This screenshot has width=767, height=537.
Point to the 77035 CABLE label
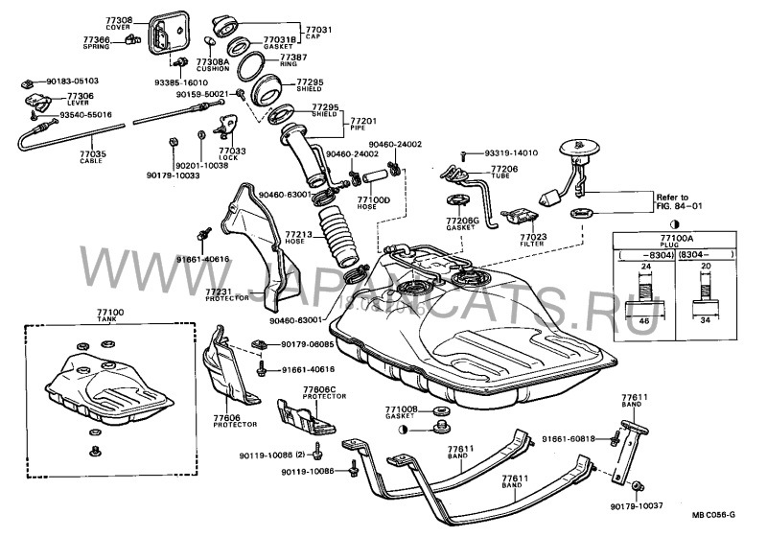[x=92, y=156]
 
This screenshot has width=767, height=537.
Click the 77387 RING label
[x=292, y=61]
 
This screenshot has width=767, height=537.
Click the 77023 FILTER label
[x=534, y=240]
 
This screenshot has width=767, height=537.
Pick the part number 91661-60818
[x=578, y=438]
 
